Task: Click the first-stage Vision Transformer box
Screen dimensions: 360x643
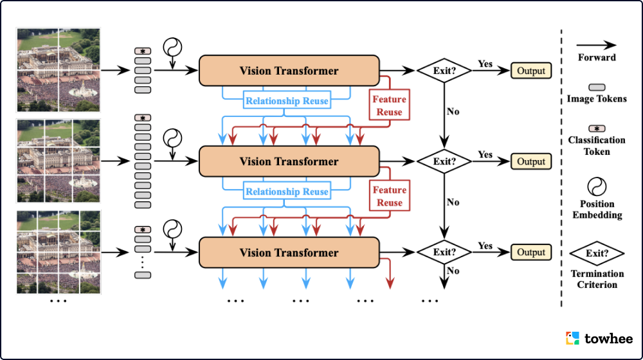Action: (289, 71)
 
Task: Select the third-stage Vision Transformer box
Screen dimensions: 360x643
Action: (289, 253)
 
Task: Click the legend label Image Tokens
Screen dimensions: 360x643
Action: (597, 98)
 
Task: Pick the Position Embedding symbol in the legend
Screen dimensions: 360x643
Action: (597, 186)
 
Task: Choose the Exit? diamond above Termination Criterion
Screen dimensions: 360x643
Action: (597, 253)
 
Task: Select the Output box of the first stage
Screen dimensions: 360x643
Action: (531, 71)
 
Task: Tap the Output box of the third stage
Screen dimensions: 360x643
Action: (531, 253)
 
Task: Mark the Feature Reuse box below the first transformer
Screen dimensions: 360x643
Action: (389, 105)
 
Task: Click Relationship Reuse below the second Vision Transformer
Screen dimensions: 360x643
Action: (287, 192)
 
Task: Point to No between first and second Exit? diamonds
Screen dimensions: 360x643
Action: (453, 111)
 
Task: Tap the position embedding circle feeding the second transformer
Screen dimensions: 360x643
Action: (173, 138)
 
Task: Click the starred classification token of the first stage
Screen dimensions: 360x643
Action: (142, 51)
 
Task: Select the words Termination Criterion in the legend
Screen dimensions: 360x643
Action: (597, 279)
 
